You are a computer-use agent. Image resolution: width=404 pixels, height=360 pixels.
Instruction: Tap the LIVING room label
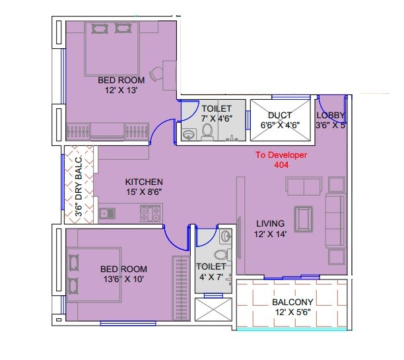pyautogui.click(x=271, y=223)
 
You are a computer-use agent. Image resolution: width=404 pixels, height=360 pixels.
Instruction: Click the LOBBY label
pyautogui.click(x=330, y=115)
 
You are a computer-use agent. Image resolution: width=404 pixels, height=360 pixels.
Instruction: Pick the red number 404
pyautogui.click(x=281, y=166)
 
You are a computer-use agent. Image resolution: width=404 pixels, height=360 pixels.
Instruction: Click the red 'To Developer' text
pyautogui.click(x=281, y=156)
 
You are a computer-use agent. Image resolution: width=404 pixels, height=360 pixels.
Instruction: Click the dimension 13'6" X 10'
pyautogui.click(x=123, y=279)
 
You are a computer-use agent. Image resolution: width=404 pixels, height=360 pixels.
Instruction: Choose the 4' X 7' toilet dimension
pyautogui.click(x=211, y=277)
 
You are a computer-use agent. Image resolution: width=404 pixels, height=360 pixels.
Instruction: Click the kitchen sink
pyautogui.click(x=106, y=213)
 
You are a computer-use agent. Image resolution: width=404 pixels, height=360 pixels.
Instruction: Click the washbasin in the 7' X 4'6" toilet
pyautogui.click(x=189, y=134)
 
